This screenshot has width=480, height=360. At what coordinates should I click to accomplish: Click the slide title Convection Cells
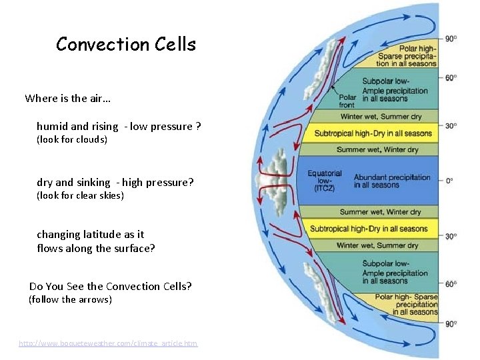tap(126, 45)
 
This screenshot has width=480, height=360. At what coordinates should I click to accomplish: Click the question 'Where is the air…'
tap(68, 99)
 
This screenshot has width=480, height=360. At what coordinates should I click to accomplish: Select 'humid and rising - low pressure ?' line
tap(119, 127)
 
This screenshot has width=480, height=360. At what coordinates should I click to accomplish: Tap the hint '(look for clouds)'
tap(72, 140)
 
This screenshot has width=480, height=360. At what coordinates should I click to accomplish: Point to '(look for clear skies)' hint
tap(80, 196)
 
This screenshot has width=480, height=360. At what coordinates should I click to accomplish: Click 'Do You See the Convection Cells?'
tap(111, 287)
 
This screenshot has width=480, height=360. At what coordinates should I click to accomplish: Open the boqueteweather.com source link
tap(108, 343)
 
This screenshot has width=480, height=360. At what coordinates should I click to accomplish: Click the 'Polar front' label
tap(346, 101)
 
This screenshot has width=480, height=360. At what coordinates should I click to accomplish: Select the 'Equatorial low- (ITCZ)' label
tap(325, 181)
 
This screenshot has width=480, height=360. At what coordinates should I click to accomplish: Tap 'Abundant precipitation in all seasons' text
tap(391, 181)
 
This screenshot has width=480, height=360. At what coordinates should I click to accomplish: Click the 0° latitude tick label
tap(450, 181)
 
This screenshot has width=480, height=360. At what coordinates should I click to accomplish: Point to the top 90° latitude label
tap(451, 39)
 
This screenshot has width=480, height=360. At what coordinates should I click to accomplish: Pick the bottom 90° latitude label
tap(451, 323)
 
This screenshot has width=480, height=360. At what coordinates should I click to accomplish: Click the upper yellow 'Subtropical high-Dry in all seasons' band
tap(373, 133)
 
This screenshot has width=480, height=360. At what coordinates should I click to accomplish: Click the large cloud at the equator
tap(275, 181)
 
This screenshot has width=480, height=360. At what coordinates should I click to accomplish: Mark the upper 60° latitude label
tap(451, 78)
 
